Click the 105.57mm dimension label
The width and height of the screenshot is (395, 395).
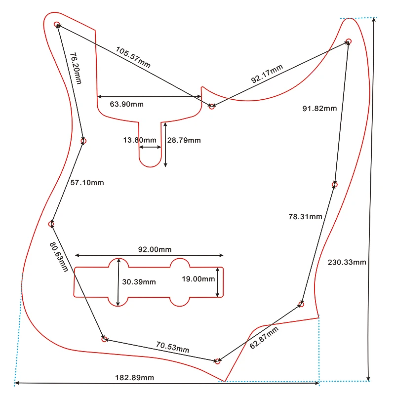pyautogui.click(x=133, y=57)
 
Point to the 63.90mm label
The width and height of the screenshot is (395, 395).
pyautogui.click(x=127, y=104)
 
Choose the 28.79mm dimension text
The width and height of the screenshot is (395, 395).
pyautogui.click(x=184, y=140)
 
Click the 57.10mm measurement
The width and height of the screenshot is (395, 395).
pyautogui.click(x=87, y=183)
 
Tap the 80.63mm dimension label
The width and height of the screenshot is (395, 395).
pyautogui.click(x=59, y=257)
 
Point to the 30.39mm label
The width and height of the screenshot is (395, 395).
pyautogui.click(x=139, y=282)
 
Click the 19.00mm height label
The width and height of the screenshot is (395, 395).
pyautogui.click(x=198, y=278)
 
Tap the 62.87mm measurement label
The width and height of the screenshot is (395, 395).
pyautogui.click(x=261, y=336)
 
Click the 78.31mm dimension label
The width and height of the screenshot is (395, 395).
pyautogui.click(x=305, y=216)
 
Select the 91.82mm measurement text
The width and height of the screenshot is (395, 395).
pyautogui.click(x=320, y=108)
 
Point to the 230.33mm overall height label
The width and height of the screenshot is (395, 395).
pyautogui.click(x=347, y=262)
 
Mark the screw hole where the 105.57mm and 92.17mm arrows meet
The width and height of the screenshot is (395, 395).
pyautogui.click(x=212, y=106)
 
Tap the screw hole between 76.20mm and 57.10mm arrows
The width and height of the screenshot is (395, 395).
pyautogui.click(x=83, y=141)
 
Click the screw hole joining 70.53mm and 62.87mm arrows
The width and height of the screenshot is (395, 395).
pyautogui.click(x=217, y=361)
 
